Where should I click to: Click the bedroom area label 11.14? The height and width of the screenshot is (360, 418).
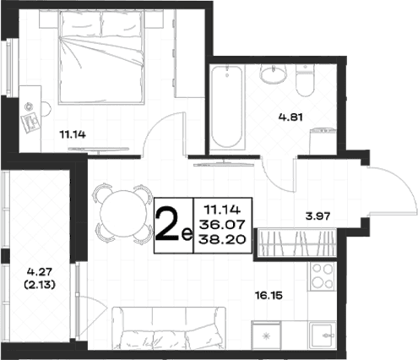tap(73, 135)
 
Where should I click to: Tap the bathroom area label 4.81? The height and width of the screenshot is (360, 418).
tap(290, 117)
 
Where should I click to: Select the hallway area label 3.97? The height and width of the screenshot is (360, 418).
tap(318, 216)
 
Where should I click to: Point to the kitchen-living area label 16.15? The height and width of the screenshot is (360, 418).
tap(269, 296)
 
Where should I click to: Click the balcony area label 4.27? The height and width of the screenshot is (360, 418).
tap(40, 272)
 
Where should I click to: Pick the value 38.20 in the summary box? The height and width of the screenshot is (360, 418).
tap(222, 240)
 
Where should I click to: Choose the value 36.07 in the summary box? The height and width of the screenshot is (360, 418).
tap(222, 225)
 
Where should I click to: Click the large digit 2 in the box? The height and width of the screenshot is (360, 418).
tap(167, 224)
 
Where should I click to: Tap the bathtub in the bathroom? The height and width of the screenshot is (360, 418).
tap(227, 106)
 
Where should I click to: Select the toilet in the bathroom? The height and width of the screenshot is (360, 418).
tap(305, 79)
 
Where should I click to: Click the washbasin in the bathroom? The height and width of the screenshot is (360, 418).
tap(273, 74)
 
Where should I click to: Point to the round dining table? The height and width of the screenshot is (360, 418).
tap(123, 214)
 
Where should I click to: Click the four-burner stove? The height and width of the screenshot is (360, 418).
tap(323, 276)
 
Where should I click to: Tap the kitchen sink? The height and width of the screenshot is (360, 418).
tap(323, 335)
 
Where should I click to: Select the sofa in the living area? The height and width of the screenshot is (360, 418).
tap(169, 328)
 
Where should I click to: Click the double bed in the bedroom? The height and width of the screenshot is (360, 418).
tap(100, 57)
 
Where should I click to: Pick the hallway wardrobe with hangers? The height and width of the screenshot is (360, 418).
tap(297, 243)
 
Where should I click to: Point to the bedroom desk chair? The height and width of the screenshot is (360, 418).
tap(46, 109)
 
